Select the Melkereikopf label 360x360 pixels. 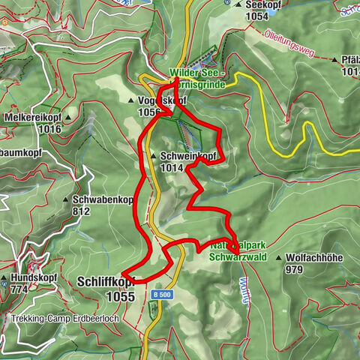coord(31,118)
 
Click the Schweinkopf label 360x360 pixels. coord(188,156)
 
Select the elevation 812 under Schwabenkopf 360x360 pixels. coord(83,211)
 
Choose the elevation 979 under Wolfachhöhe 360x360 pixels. coord(295,269)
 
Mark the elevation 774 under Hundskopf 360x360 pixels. coord(19,288)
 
